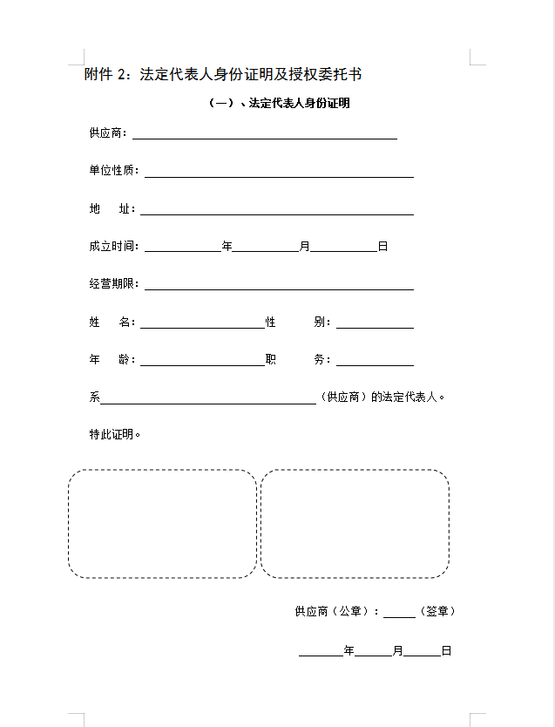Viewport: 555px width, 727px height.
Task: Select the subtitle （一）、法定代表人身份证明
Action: coord(280,103)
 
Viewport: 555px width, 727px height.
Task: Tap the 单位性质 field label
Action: coord(113,171)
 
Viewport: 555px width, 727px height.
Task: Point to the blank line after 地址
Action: coord(276,212)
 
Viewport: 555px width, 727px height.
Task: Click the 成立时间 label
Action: coord(113,247)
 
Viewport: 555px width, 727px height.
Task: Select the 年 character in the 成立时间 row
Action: coord(227,247)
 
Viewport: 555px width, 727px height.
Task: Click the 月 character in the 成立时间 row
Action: coord(304,247)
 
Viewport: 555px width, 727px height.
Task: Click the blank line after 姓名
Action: coord(201,325)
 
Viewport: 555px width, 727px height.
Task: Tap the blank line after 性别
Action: coord(375,325)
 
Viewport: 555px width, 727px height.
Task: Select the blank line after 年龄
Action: coord(201,363)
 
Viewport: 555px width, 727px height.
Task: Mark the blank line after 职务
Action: coord(375,363)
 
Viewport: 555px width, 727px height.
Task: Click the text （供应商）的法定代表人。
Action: coord(383,397)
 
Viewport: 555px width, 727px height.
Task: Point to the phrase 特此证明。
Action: coord(115,434)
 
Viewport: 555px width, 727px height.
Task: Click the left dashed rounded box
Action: coord(162,524)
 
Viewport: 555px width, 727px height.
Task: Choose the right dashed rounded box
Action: coord(355,524)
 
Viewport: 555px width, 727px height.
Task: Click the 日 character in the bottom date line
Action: coord(446,650)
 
